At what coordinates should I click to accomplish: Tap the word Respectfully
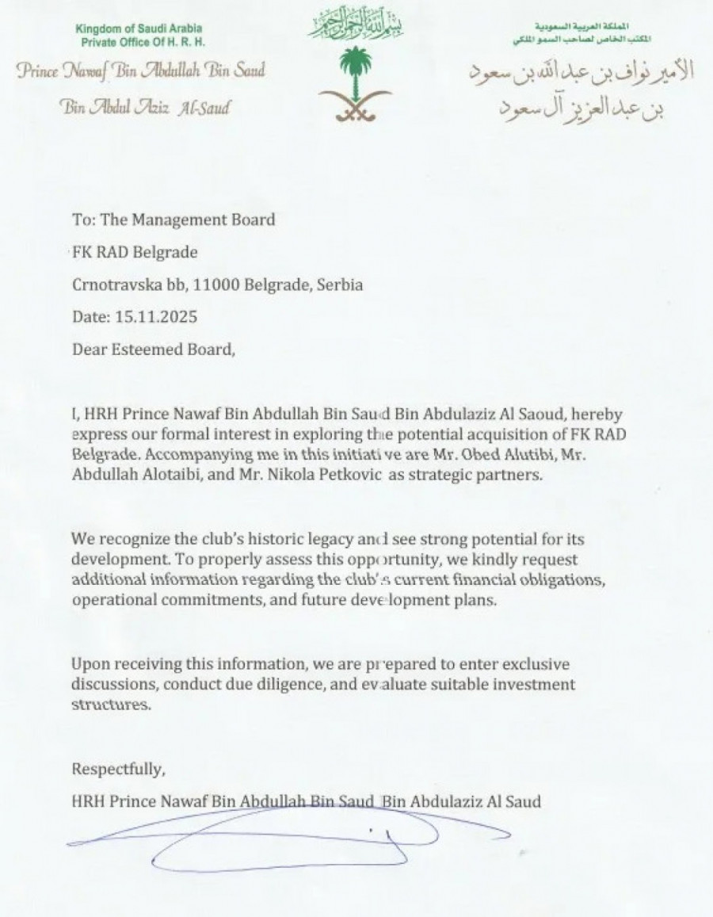click(119, 769)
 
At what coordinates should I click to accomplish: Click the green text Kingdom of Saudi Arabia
click(139, 29)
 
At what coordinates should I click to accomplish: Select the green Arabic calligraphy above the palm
click(355, 25)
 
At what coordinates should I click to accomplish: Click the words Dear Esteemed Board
click(153, 349)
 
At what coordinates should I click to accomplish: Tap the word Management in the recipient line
click(169, 220)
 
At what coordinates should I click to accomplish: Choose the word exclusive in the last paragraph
click(534, 663)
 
